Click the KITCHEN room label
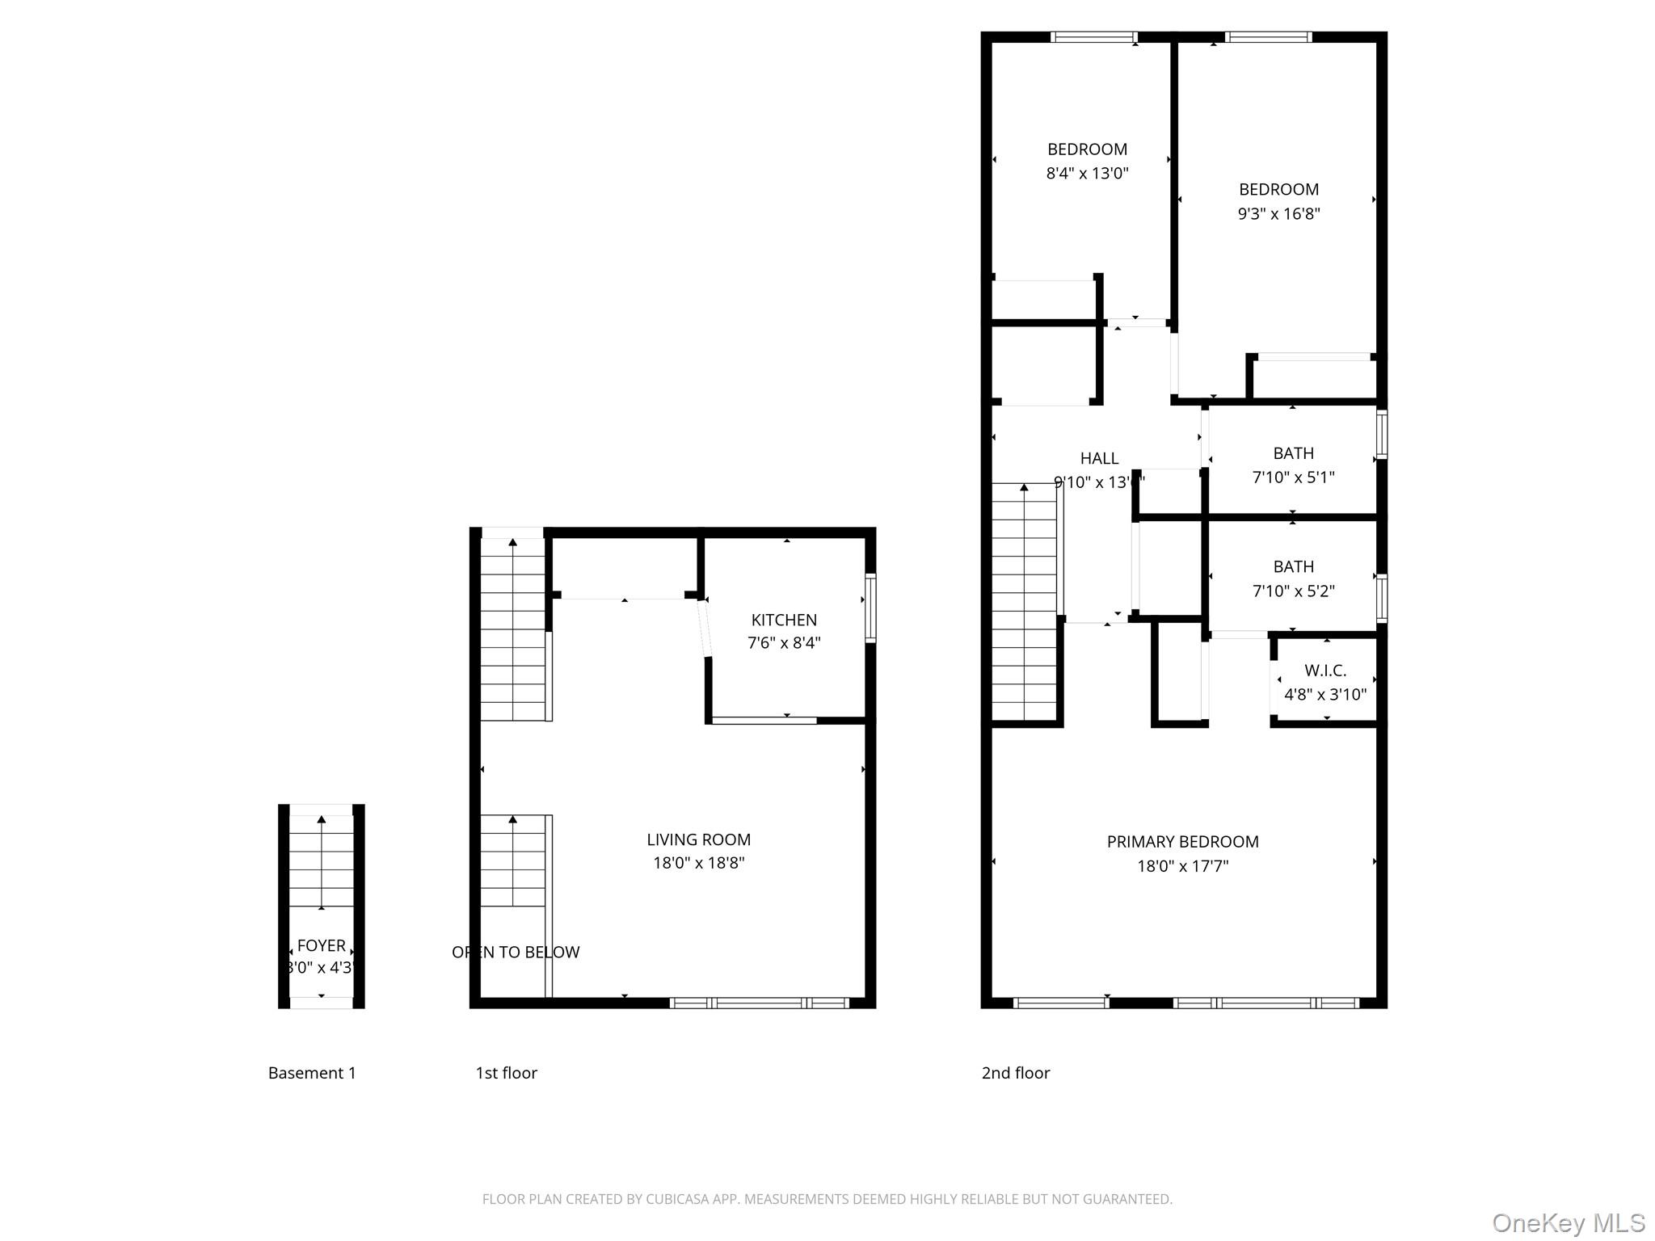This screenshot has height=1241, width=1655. pyautogui.click(x=783, y=620)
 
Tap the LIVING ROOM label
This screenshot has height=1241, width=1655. pyautogui.click(x=698, y=839)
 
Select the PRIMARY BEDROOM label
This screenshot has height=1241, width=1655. pyautogui.click(x=1182, y=842)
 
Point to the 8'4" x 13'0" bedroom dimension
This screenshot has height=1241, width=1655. pyautogui.click(x=1087, y=173)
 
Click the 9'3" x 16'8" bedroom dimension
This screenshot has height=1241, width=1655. pyautogui.click(x=1278, y=213)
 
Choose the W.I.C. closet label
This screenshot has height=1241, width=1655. pyautogui.click(x=1325, y=671)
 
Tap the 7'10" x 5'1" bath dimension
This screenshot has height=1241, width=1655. pyautogui.click(x=1293, y=477)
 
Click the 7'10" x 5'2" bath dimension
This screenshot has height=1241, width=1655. pyautogui.click(x=1293, y=591)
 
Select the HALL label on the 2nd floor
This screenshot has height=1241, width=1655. pyautogui.click(x=1099, y=458)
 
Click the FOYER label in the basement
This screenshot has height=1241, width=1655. pyautogui.click(x=321, y=945)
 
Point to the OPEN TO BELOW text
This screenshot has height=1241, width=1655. pyautogui.click(x=516, y=952)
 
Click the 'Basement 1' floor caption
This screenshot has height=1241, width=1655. pyautogui.click(x=312, y=1073)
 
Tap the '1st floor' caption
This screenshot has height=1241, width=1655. pyautogui.click(x=506, y=1073)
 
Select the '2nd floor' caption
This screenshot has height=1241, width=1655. pyautogui.click(x=1015, y=1073)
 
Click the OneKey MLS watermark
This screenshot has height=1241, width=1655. pyautogui.click(x=1568, y=1222)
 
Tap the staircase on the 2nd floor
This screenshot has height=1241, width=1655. pyautogui.click(x=1024, y=602)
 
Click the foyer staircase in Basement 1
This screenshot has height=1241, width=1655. pyautogui.click(x=321, y=860)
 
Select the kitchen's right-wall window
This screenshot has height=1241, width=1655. pyautogui.click(x=870, y=608)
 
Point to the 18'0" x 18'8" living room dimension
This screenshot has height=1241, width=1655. pyautogui.click(x=698, y=863)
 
